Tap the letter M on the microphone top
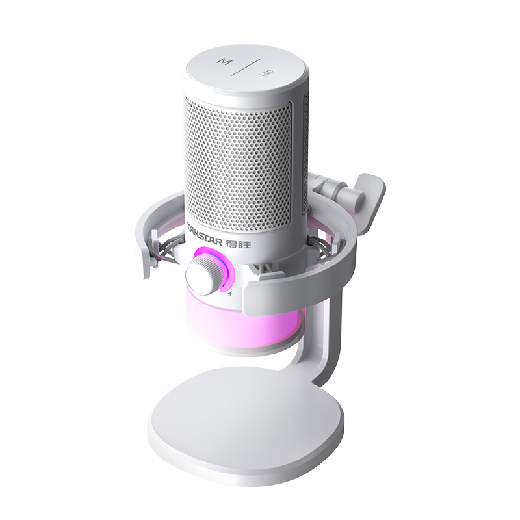tap(225, 62)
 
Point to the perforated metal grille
tap(237, 162)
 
